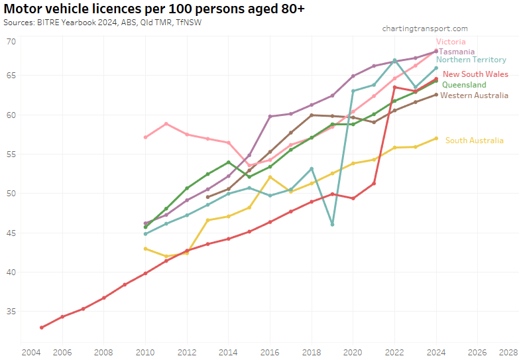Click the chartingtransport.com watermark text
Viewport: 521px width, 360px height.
[425, 29]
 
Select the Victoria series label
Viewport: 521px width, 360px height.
[451, 42]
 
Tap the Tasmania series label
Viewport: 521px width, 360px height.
[457, 51]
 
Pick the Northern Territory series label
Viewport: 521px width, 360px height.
[471, 60]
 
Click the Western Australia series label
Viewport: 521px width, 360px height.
[475, 95]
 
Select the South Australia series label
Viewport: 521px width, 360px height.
[474, 140]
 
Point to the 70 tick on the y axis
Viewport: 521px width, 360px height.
[11, 42]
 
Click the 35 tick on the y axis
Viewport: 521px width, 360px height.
[11, 311]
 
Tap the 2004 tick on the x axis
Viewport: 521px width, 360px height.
[30, 352]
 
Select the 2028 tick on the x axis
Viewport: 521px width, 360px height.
[508, 352]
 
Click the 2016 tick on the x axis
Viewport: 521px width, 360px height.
[270, 352]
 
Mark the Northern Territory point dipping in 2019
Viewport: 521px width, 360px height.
[332, 224]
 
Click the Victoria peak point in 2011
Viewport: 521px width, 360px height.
[166, 124]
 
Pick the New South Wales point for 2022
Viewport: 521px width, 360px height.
[394, 87]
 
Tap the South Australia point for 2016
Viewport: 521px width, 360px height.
[270, 177]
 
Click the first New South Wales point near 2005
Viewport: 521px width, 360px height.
[42, 328]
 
